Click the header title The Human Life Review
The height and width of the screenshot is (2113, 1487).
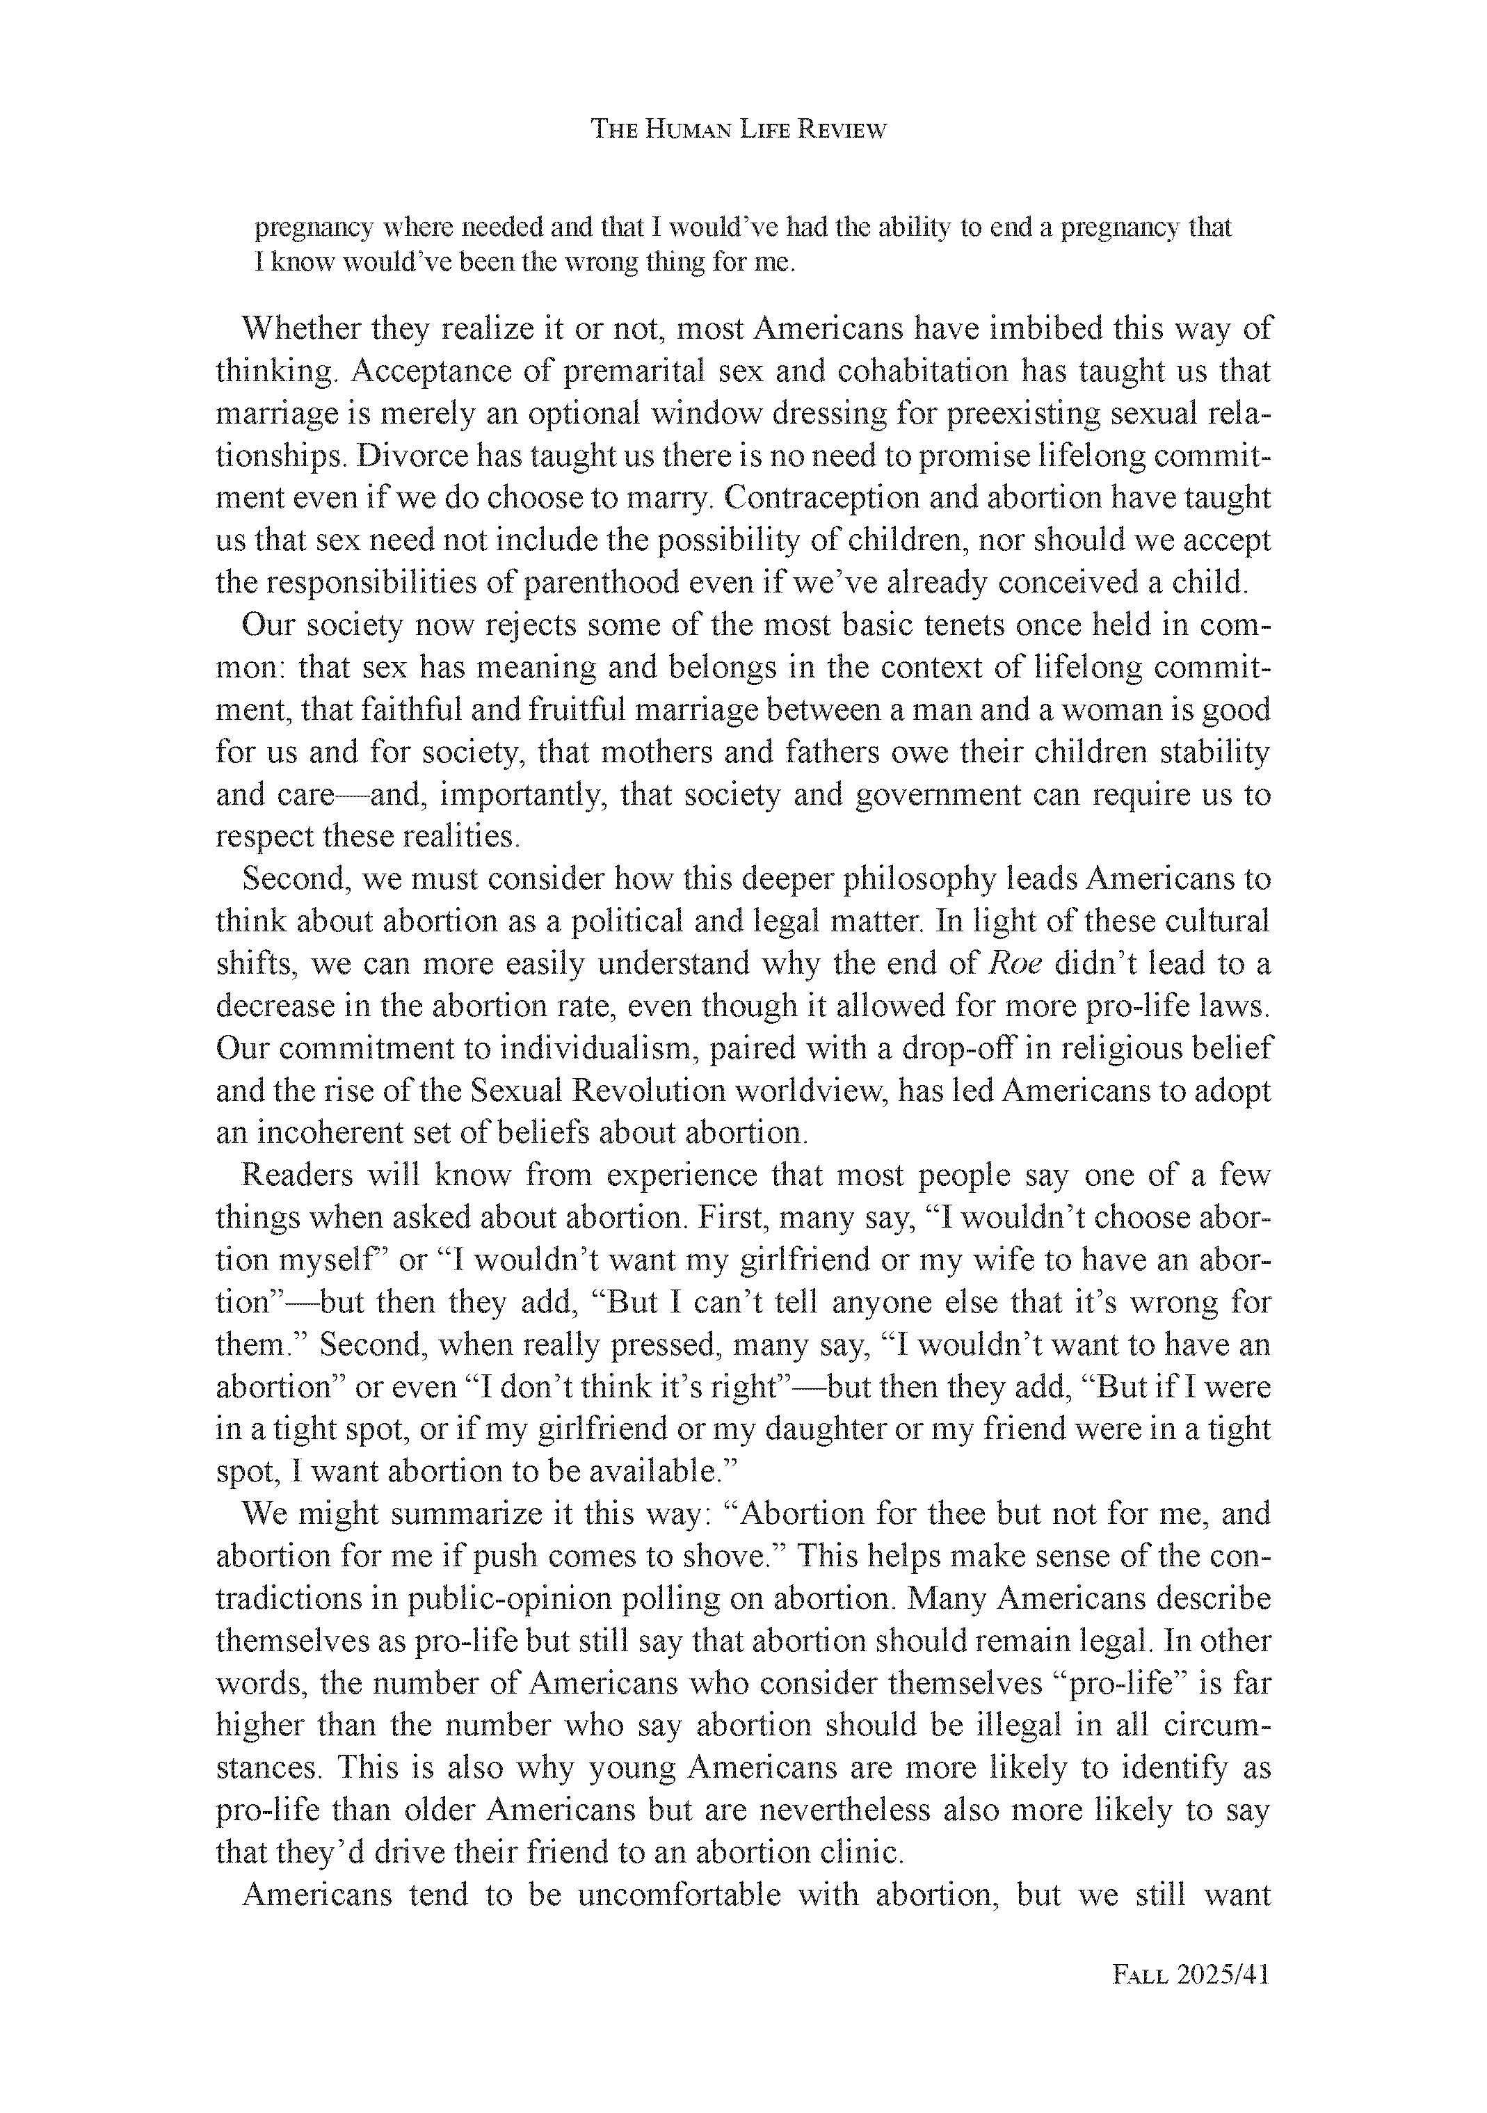(738, 130)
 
